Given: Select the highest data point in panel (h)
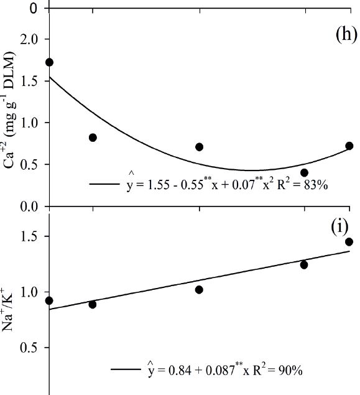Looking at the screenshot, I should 50,62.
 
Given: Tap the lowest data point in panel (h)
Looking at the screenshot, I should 304,172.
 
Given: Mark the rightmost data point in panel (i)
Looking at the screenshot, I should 349,241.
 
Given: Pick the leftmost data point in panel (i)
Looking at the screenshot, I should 50,300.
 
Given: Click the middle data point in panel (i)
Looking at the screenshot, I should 199,289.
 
